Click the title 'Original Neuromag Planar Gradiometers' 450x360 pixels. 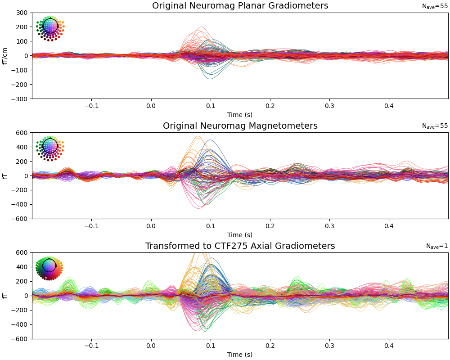click(x=240, y=6)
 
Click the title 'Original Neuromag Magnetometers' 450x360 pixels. click(x=240, y=126)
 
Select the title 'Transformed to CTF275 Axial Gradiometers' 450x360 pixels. click(x=240, y=246)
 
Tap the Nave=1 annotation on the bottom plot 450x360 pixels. click(x=437, y=246)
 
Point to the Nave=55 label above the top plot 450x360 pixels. click(x=435, y=6)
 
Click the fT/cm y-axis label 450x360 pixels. click(x=5, y=56)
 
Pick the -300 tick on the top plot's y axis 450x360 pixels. click(x=21, y=99)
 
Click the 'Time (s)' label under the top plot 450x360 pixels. click(x=240, y=115)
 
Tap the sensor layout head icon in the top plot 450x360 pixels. click(x=50, y=27)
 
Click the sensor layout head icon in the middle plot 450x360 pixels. click(x=50, y=147)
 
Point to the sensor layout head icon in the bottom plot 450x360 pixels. click(x=49, y=266)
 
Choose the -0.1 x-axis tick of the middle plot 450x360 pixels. click(x=91, y=226)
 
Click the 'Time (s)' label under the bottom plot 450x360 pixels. click(x=240, y=355)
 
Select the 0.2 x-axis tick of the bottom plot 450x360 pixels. click(x=270, y=346)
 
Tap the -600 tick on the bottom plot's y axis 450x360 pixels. click(x=21, y=339)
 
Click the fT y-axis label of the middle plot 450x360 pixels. click(x=5, y=176)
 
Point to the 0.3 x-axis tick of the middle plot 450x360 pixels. click(x=329, y=226)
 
